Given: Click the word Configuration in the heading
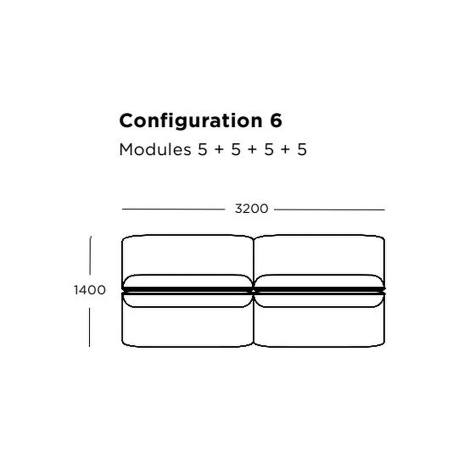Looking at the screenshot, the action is (x=191, y=121).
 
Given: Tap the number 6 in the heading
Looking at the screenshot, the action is (x=276, y=120).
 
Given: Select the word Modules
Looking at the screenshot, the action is (x=155, y=149).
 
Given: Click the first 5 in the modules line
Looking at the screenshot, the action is (x=202, y=150).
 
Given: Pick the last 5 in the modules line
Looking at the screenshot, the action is (x=302, y=150).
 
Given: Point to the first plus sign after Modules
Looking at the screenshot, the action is (x=219, y=150).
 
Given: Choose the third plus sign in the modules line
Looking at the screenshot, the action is (x=286, y=150).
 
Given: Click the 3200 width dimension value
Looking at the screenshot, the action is (x=251, y=209).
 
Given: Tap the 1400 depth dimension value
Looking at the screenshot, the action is (x=89, y=290).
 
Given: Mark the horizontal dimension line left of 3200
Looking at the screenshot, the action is (x=173, y=209).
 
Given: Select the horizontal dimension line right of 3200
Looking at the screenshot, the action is (x=330, y=209).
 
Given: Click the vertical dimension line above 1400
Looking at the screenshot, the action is (x=90, y=255).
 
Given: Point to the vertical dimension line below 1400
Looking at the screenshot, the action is (x=89, y=327).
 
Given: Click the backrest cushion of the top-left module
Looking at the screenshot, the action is (x=187, y=281).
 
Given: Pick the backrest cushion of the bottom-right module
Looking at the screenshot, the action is (x=319, y=300).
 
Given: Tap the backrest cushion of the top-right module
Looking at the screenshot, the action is (x=319, y=281).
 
